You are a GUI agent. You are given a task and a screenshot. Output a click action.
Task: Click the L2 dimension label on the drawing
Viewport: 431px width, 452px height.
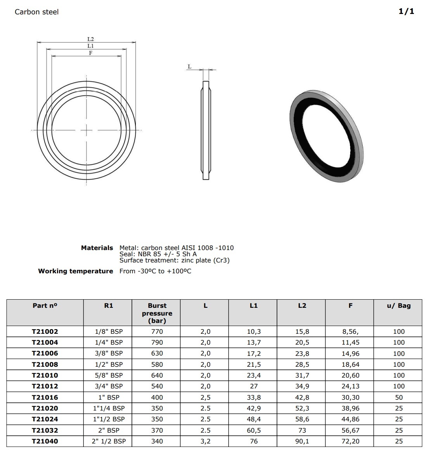tap(91, 39)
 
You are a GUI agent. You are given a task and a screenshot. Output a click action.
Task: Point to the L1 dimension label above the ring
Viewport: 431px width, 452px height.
tap(91, 46)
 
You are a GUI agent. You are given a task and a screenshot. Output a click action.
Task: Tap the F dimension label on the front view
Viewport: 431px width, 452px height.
tap(91, 53)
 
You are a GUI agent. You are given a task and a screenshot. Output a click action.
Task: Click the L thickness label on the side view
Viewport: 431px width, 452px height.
tap(190, 67)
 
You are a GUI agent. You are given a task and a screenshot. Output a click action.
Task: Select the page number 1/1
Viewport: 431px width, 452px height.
tap(407, 11)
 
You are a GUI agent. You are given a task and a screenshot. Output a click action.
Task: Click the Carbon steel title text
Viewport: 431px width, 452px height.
tap(36, 12)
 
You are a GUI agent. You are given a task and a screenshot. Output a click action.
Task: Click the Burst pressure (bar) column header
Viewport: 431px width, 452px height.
tap(157, 313)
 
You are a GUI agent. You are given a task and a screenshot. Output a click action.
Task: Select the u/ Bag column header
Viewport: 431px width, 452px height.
tap(399, 305)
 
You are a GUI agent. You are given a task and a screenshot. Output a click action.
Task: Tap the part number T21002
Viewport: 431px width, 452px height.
tap(45, 331)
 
